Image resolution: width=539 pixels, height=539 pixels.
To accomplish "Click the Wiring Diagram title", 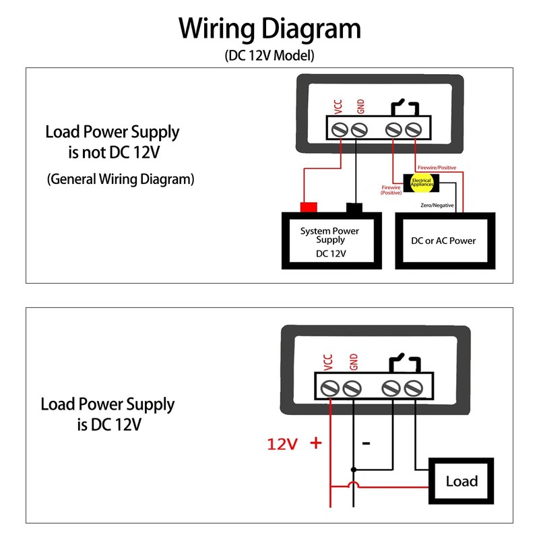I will coord(269,29).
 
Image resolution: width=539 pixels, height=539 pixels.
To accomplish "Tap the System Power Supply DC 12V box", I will coord(331,241).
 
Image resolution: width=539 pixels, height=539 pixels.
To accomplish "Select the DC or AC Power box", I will coord(444,241).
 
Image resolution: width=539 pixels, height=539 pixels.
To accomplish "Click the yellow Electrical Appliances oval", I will coord(422,182).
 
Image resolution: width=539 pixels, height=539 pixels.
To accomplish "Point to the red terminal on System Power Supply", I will coord(309,208).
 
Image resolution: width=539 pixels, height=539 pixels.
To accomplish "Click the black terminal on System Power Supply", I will coord(354,208).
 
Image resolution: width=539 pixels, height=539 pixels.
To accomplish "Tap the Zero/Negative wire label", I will coord(437,205).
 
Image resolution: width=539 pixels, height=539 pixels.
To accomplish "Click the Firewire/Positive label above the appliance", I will coord(437,166).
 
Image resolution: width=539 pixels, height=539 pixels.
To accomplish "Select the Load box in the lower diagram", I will coord(462,481).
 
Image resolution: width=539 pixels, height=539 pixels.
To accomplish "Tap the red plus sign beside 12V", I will coord(315,443).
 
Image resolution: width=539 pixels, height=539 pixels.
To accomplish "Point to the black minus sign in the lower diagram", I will coord(366,443).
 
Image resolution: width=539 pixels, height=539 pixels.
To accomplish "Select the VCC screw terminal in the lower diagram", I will coord(330,389).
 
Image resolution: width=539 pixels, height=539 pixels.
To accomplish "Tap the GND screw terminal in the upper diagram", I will coord(360,128).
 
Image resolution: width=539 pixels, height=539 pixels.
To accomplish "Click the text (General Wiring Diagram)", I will coord(121,179).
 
